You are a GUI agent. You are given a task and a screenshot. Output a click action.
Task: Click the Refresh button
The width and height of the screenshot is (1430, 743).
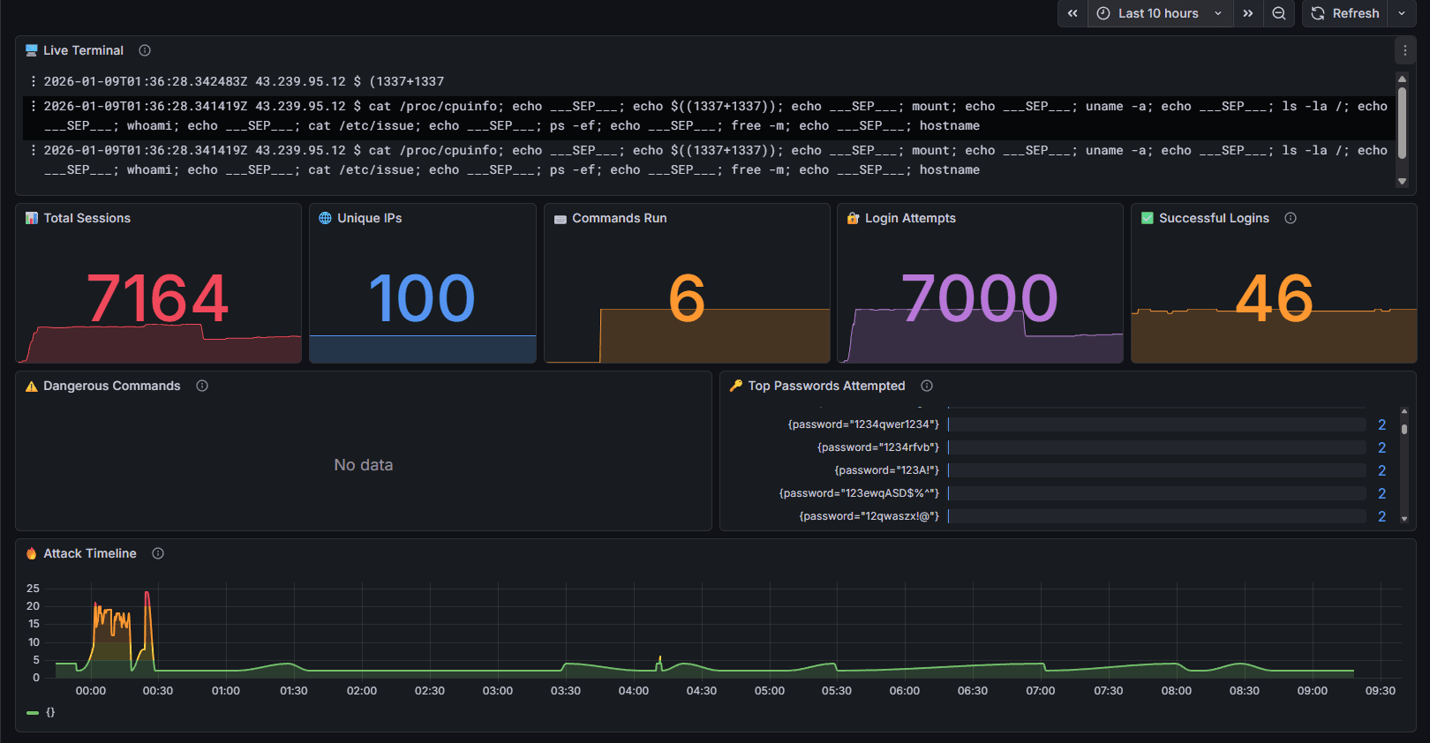(x=1345, y=13)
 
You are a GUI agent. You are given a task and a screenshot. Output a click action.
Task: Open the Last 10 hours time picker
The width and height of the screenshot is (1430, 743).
(x=1159, y=13)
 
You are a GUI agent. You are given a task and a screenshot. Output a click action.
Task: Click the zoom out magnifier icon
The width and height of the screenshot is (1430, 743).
(x=1278, y=13)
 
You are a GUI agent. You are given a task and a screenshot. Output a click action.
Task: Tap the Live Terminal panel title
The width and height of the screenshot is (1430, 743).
(x=83, y=50)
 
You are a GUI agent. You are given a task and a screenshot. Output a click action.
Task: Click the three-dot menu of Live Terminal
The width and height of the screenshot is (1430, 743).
(x=1405, y=50)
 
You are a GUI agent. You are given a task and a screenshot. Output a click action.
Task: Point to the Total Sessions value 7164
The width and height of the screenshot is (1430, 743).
(x=158, y=298)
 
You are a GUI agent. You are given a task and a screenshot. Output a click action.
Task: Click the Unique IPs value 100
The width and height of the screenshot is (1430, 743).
(x=422, y=298)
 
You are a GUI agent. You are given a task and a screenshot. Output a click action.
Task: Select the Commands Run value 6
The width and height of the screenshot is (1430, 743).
(x=687, y=298)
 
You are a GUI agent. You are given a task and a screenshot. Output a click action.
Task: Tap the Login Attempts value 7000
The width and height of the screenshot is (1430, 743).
(x=979, y=298)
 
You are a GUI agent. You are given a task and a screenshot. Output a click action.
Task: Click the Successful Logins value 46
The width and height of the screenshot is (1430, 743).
(x=1274, y=298)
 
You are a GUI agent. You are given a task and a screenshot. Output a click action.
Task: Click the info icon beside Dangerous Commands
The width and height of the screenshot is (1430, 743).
(x=202, y=386)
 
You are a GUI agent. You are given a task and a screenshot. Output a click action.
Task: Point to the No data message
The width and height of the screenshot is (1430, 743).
(x=363, y=465)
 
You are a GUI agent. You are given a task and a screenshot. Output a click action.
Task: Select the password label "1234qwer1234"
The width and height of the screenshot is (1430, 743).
(x=863, y=424)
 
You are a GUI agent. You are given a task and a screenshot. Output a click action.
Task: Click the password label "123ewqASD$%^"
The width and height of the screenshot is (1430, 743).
(x=859, y=493)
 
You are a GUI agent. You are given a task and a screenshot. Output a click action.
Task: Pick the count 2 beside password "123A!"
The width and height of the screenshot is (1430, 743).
(x=1381, y=470)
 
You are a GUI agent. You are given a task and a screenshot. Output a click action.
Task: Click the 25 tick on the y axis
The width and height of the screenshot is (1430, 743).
(x=34, y=588)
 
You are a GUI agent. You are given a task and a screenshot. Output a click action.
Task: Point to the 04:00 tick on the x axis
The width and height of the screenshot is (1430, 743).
(x=634, y=691)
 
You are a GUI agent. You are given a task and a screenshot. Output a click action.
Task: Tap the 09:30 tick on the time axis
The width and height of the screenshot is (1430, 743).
(x=1381, y=691)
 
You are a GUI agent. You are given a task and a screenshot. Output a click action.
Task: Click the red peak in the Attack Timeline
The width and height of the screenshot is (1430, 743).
(x=147, y=594)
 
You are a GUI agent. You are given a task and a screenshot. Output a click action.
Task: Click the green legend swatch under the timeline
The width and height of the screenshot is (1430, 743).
(x=33, y=712)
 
